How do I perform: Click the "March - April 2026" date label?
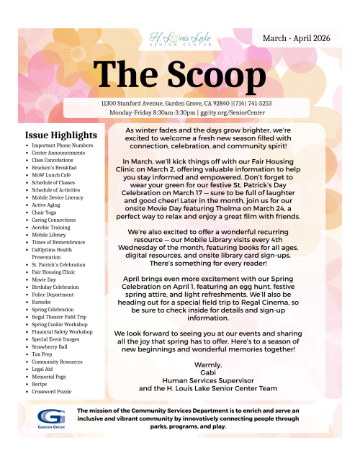[x=297, y=37]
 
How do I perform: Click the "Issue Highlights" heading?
[x=60, y=135]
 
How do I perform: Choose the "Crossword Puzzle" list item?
[x=51, y=391]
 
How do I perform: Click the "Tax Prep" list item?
[x=42, y=354]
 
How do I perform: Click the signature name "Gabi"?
[x=208, y=372]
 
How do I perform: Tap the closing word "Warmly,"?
[x=208, y=364]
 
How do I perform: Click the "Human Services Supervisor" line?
[x=208, y=380]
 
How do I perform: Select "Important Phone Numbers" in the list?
[x=62, y=145]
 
